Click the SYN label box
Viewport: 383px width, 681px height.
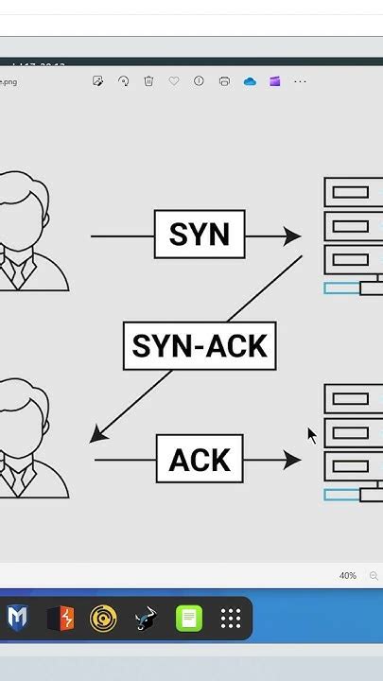[200, 235]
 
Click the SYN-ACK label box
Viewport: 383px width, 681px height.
[200, 346]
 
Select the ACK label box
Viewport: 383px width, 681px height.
[200, 460]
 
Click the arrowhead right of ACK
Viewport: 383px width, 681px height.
[291, 461]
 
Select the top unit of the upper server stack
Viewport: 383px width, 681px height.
[354, 192]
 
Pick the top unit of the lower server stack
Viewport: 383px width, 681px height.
[354, 399]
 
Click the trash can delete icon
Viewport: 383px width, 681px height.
[148, 81]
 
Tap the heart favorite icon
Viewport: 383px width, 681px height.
[174, 81]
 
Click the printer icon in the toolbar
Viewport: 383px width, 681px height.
[224, 81]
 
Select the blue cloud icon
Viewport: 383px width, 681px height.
[250, 81]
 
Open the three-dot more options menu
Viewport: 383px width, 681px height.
[300, 81]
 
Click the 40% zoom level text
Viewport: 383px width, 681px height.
[347, 576]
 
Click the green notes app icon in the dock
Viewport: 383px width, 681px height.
[189, 619]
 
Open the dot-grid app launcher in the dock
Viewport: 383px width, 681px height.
[231, 619]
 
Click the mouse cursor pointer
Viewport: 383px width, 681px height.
[312, 435]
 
